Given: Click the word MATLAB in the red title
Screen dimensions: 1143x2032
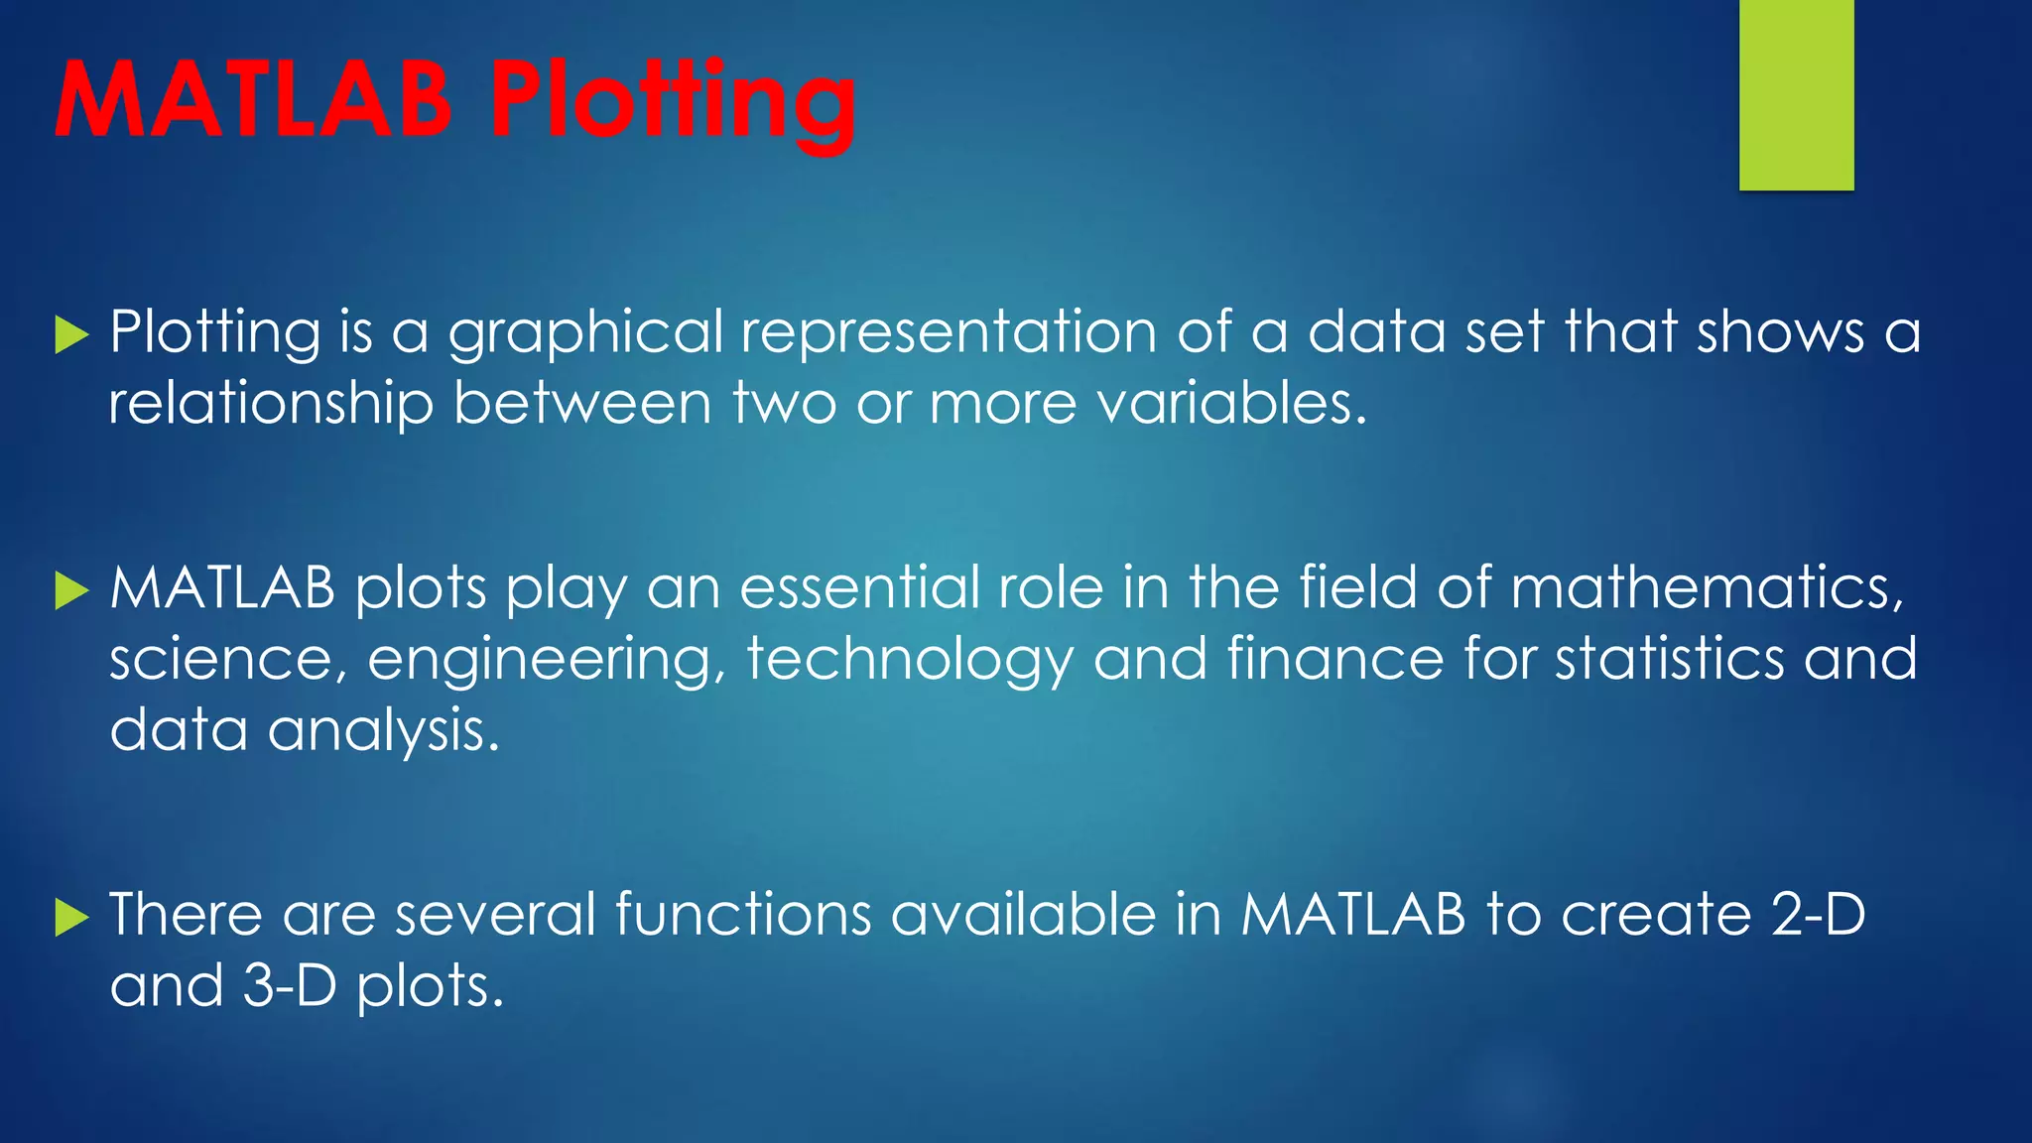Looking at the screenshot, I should point(254,99).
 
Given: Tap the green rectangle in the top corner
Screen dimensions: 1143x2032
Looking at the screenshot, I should point(1796,94).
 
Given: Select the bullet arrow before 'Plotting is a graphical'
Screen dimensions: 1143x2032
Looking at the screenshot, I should point(71,334).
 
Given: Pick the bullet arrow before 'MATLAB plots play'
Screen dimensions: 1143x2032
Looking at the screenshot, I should point(71,590).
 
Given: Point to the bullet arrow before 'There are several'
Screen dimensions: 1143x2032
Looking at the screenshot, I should point(71,917).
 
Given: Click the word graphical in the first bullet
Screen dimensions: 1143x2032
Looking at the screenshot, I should point(585,332).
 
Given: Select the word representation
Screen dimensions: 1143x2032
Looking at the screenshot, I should point(949,332).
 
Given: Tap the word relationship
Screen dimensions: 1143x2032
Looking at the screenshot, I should point(271,405).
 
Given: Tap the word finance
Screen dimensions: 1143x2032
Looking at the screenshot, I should point(1335,659).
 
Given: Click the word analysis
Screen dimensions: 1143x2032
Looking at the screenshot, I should point(383,731).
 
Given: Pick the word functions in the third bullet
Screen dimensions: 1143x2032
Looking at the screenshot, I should point(742,914).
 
